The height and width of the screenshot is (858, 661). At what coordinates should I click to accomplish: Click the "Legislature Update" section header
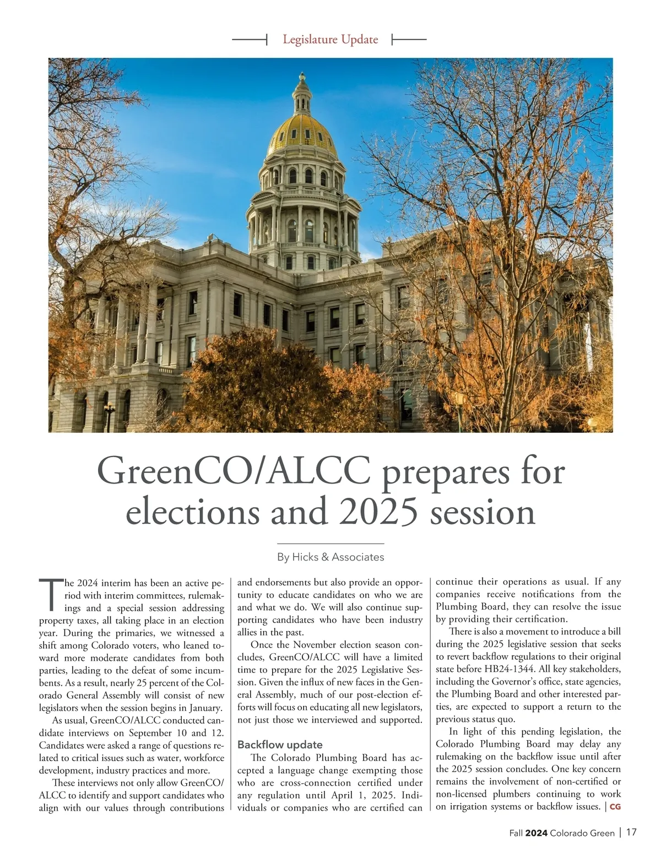pyautogui.click(x=330, y=40)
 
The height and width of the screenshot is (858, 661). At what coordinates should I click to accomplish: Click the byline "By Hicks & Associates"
pyautogui.click(x=330, y=557)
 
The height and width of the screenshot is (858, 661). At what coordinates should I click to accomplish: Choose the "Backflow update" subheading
pyautogui.click(x=280, y=745)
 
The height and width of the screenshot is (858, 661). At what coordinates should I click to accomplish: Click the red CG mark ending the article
pyautogui.click(x=615, y=807)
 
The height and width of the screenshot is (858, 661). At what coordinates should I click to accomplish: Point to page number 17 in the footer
pyautogui.click(x=631, y=833)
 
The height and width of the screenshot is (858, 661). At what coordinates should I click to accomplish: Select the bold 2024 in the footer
pyautogui.click(x=536, y=833)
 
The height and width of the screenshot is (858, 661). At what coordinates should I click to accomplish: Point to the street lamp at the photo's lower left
pyautogui.click(x=109, y=414)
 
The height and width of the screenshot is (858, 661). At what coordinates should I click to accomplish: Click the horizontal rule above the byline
pyautogui.click(x=330, y=544)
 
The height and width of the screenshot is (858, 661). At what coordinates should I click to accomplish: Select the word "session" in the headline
pyautogui.click(x=482, y=512)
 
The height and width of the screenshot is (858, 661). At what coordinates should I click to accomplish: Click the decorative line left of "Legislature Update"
pyautogui.click(x=250, y=40)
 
